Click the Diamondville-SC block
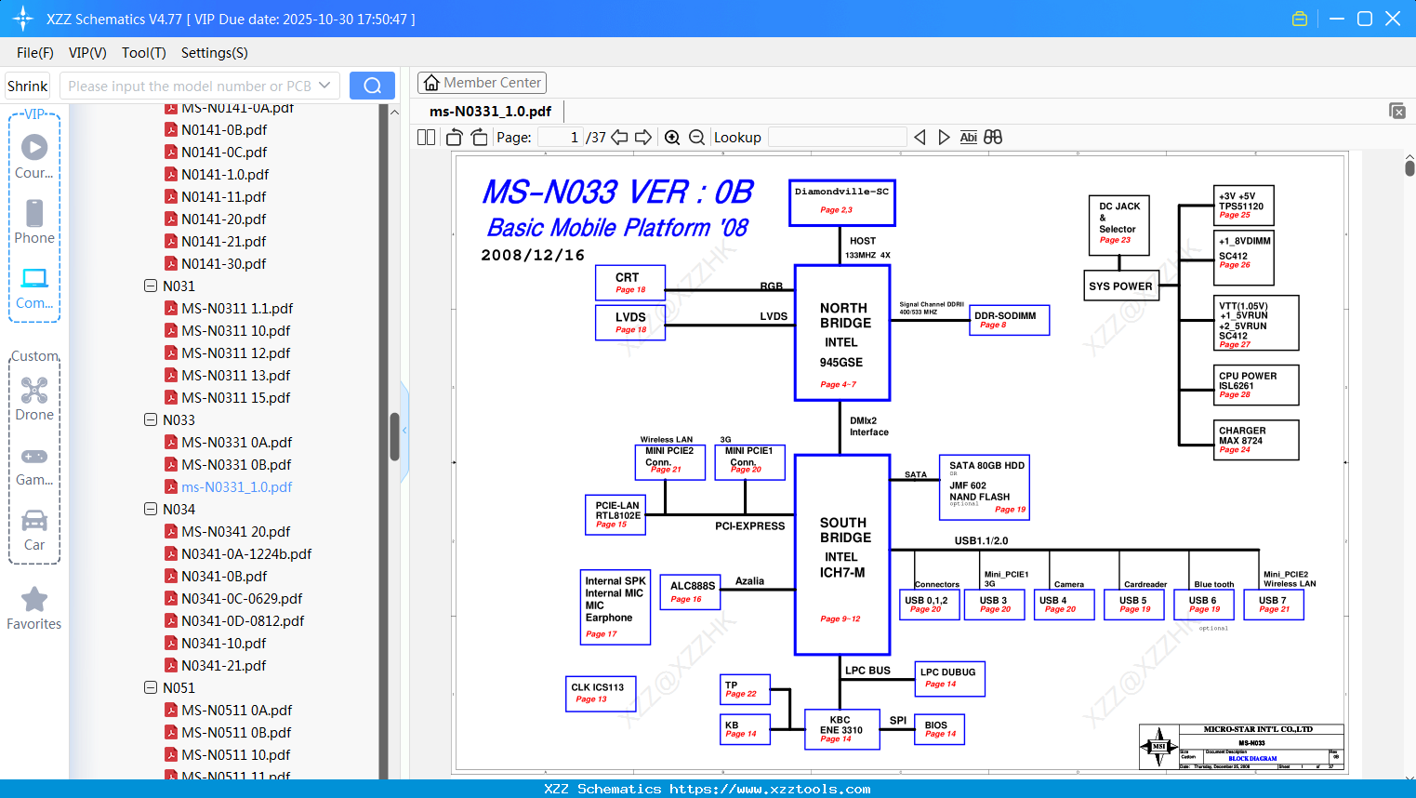841,202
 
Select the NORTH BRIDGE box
842,333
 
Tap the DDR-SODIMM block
1009,319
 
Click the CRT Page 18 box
630,283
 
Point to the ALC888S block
693,591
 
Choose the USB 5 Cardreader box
1134,605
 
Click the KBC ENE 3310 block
841,729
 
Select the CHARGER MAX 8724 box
1257,440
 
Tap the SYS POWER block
1120,286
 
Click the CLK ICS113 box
601,693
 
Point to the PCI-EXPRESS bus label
749,526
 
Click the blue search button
372,86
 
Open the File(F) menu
35,53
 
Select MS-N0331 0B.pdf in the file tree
236,465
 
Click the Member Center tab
482,83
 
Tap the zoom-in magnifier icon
672,138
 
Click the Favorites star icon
34,600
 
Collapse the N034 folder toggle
151,509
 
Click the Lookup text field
837,138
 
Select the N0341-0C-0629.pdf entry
242,599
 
